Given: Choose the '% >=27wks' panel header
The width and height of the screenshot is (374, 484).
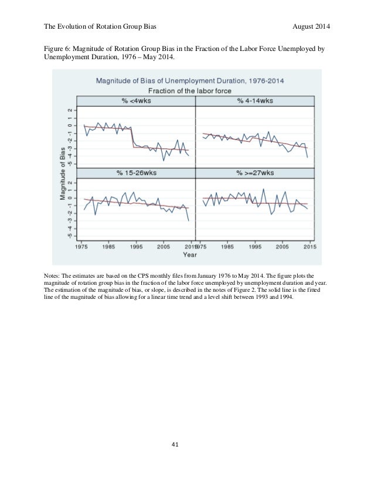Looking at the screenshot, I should point(255,173).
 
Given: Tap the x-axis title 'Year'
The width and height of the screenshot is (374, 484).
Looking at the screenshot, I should point(189,255).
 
